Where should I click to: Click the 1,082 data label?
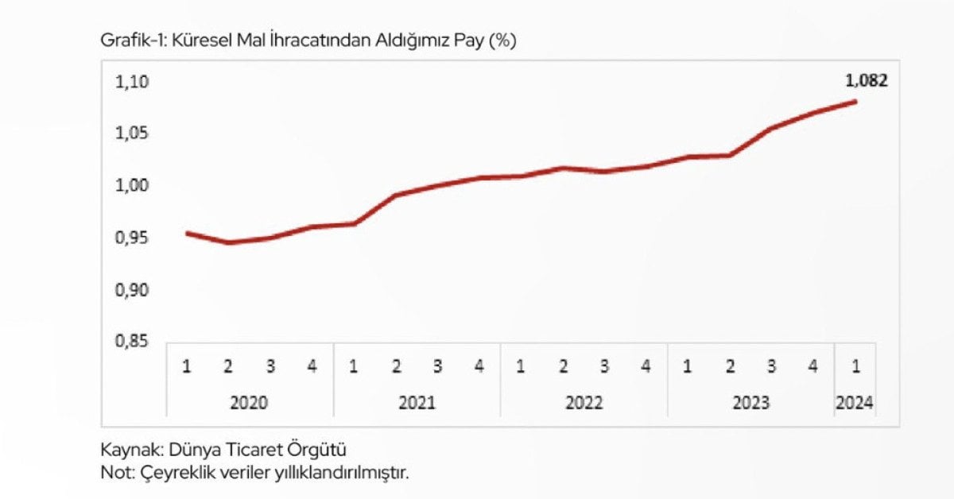click(x=867, y=80)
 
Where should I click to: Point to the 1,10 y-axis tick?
click(x=132, y=82)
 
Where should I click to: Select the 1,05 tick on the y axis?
click(x=132, y=133)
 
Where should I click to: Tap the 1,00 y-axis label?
click(x=132, y=186)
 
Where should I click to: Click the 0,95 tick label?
click(x=132, y=238)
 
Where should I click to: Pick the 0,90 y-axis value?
click(x=132, y=290)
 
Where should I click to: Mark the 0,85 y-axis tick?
click(x=132, y=341)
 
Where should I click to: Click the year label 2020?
click(x=249, y=403)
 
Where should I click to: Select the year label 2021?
click(x=417, y=403)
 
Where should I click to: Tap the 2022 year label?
click(x=584, y=403)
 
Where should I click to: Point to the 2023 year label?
click(x=750, y=403)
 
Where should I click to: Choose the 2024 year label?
click(x=855, y=403)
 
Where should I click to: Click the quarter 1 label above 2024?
click(x=856, y=366)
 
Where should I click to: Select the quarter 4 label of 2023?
click(x=813, y=366)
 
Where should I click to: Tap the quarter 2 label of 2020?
click(x=228, y=366)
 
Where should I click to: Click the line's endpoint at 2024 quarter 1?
click(x=855, y=102)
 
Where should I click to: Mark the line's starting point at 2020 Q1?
click(x=188, y=234)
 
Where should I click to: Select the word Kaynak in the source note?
click(x=132, y=450)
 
